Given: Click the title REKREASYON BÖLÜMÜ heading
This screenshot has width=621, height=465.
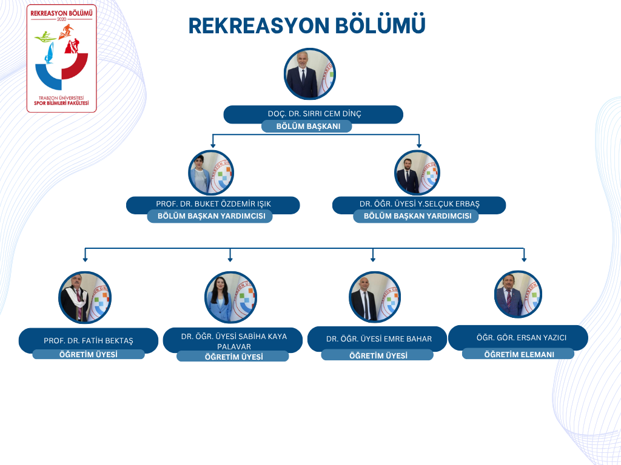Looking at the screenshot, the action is pos(306,25).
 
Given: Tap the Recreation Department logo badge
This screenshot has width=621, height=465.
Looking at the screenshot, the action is pos(62,59).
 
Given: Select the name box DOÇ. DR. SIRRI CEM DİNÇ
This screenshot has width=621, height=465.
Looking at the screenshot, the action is pos(314,114).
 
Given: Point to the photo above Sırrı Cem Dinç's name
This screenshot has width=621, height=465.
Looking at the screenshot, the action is pos(310,74).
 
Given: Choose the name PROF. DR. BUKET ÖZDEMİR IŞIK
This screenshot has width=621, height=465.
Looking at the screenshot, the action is pos(213,204).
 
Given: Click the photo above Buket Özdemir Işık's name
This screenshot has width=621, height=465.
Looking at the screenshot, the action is pos(211,173).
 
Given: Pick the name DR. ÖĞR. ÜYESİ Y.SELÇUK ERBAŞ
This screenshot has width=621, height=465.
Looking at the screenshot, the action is pos(419,204).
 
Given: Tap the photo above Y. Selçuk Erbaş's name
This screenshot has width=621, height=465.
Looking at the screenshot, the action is pos(417,173).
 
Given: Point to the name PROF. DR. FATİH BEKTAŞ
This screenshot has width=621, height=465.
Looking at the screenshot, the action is pos(89,340).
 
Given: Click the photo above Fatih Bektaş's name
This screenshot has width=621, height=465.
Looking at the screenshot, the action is pos(85,297).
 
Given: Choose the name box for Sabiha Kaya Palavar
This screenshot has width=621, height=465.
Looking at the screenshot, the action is pos(233,340).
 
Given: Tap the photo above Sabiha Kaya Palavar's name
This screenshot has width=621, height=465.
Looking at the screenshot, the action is pos(231,297).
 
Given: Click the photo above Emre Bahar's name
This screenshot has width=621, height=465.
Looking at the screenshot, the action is pos(375,297).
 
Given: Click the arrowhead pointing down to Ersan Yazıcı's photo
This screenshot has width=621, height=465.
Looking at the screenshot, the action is pos(524,259).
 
